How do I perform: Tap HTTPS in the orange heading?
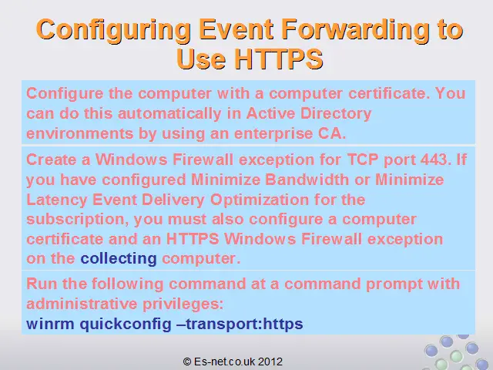pyautogui.click(x=279, y=59)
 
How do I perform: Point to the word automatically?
pyautogui.click(x=169, y=113)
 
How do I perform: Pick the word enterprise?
pyautogui.click(x=273, y=133)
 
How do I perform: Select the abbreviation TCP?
pyautogui.click(x=363, y=160)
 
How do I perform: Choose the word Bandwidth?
pyautogui.click(x=307, y=180)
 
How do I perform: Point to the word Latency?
pyautogui.click(x=56, y=200)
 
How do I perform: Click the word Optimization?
pyautogui.click(x=260, y=200)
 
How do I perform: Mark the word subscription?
pyautogui.click(x=78, y=220)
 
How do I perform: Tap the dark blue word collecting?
pyautogui.click(x=119, y=259)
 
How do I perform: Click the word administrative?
pyautogui.click(x=82, y=304)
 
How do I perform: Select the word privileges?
pyautogui.click(x=183, y=304)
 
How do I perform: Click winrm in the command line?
pyautogui.click(x=50, y=324)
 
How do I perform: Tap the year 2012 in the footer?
pyautogui.click(x=270, y=362)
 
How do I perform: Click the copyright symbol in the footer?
pyautogui.click(x=187, y=362)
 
